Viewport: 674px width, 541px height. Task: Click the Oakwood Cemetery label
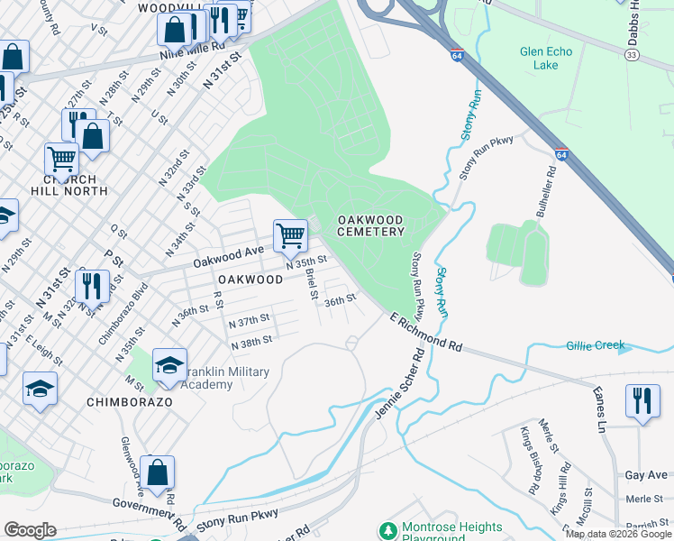coord(370,225)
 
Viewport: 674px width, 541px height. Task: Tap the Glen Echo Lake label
coord(545,59)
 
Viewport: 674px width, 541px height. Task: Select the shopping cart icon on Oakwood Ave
coord(291,236)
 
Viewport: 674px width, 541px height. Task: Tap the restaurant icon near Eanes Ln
coord(642,402)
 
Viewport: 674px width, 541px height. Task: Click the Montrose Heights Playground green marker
coord(388,530)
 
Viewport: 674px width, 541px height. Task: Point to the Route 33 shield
coord(633,54)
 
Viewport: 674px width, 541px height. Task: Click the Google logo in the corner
coord(29,530)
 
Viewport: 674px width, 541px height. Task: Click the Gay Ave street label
coord(647,474)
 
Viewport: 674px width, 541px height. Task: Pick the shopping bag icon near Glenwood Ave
coord(157,472)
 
